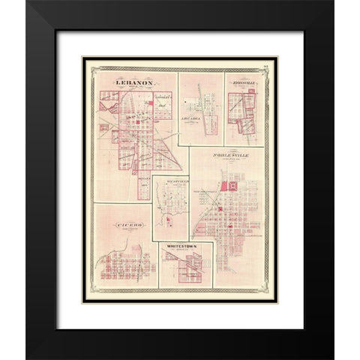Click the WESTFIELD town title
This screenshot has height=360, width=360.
(171, 181)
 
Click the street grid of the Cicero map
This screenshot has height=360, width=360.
(120, 266)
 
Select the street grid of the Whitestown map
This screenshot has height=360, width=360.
(186, 268)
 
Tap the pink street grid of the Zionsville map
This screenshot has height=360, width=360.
(244, 105)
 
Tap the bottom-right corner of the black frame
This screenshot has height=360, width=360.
(332, 358)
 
